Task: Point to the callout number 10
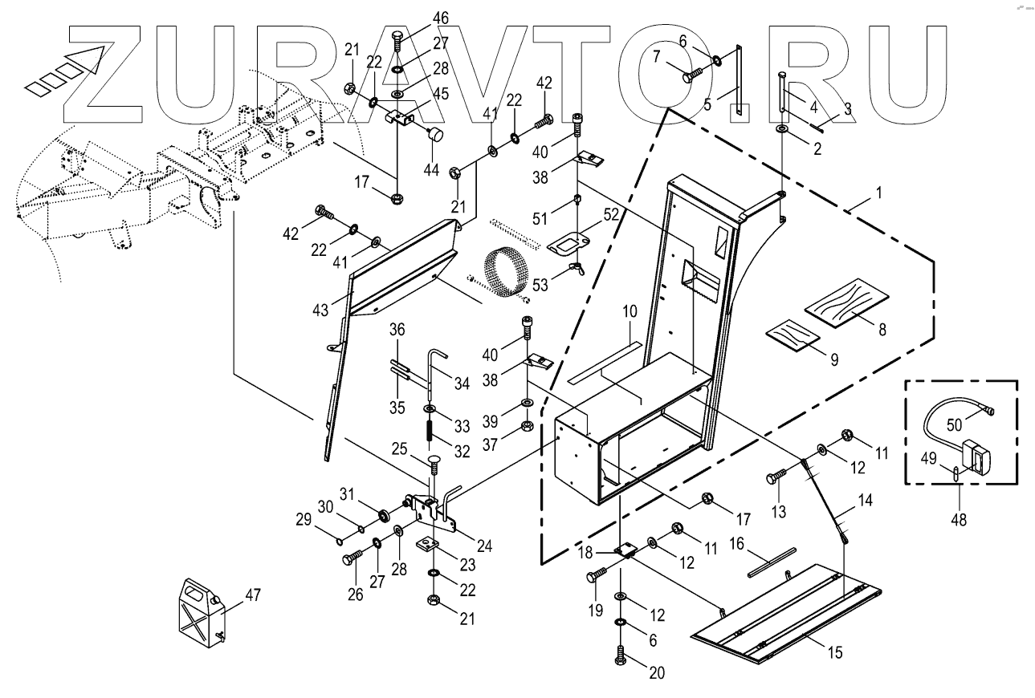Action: click(629, 310)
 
